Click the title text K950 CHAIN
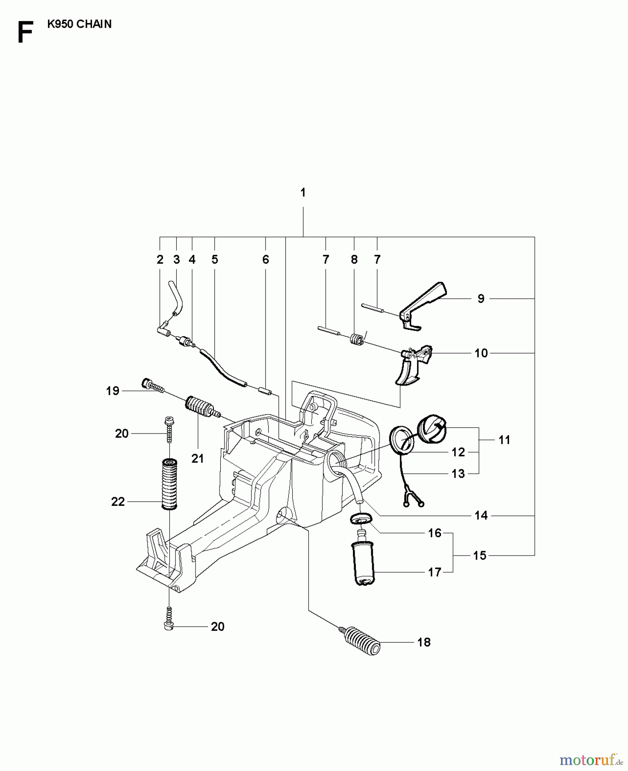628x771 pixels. pos(79,24)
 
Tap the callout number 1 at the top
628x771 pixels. pos(303,193)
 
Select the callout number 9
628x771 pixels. pos(481,299)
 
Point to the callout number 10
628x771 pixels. pos(481,353)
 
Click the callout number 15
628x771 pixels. pos(480,556)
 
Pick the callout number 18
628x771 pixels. pos(424,642)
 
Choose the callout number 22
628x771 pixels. pos(118,502)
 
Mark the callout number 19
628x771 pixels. pos(113,391)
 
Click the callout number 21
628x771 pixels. pos(198,459)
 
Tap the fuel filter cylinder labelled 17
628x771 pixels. pos(363,563)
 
